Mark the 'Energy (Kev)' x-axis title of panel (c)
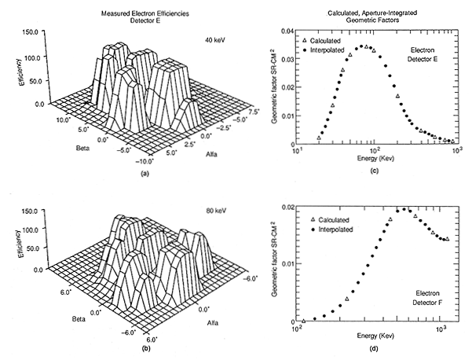(375, 159)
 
